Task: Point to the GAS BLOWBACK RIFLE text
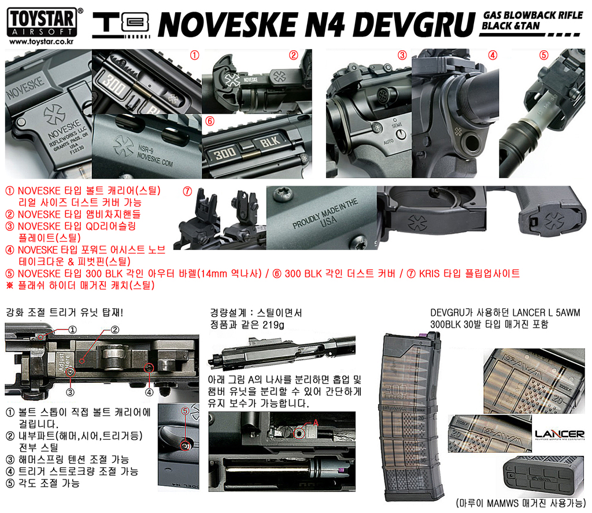[x=525, y=15]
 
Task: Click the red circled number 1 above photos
[x=194, y=56]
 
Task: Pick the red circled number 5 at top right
[x=543, y=56]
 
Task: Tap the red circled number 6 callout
[x=210, y=121]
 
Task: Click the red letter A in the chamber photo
[x=316, y=422]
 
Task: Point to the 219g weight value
[x=273, y=325]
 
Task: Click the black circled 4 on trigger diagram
[x=149, y=392]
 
